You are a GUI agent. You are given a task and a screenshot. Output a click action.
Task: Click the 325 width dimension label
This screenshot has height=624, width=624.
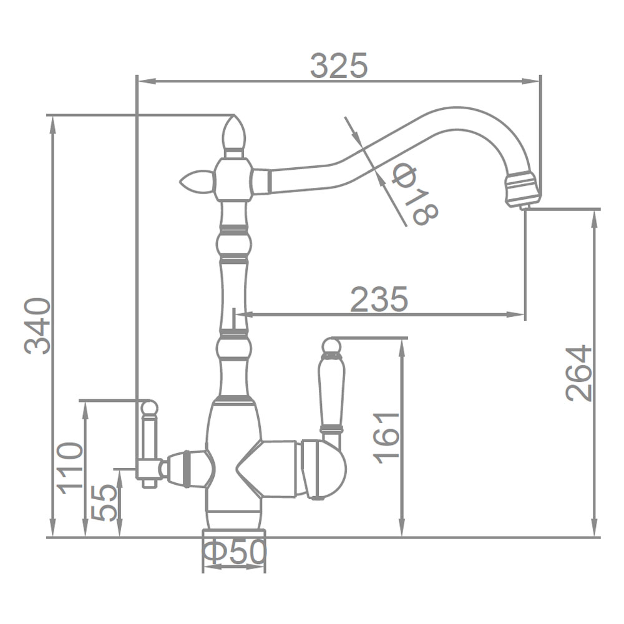[x=339, y=66]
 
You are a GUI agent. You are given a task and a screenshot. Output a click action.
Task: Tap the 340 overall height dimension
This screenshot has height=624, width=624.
[x=37, y=326]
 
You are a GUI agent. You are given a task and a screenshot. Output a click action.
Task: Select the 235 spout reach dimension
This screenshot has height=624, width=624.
[x=379, y=298]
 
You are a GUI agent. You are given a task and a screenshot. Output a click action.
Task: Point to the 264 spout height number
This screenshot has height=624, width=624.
[x=578, y=373]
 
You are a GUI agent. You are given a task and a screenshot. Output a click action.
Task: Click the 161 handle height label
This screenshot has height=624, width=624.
[x=386, y=439]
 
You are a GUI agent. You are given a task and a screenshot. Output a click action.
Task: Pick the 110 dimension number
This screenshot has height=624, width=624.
[x=70, y=468]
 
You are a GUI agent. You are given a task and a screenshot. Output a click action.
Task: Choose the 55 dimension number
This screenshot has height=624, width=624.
[x=104, y=502]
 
